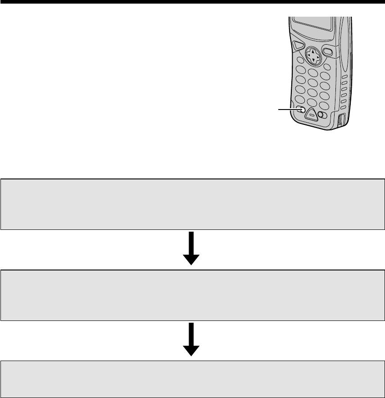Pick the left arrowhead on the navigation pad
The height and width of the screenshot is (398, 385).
coord(308,56)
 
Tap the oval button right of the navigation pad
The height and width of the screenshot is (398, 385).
coord(328,52)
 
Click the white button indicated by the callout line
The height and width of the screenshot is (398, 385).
coord(302,109)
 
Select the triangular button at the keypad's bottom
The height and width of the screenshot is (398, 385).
coord(311,115)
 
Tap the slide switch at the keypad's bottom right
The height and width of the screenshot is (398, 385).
coord(322,115)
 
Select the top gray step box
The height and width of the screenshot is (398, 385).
coord(192,204)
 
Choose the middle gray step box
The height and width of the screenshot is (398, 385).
coord(192,295)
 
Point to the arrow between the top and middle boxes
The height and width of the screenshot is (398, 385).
coord(191,248)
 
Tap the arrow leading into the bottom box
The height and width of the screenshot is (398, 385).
coord(191,339)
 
